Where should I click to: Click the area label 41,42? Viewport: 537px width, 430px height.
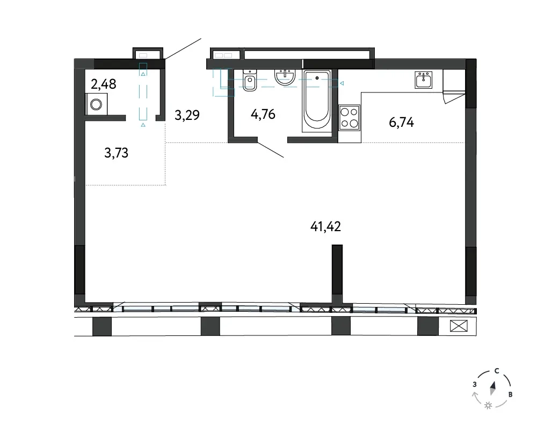[x=325, y=227]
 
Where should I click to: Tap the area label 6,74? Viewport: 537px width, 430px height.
[x=401, y=122]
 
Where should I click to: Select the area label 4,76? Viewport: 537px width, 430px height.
[x=263, y=114]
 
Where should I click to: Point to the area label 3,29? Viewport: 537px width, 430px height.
[x=187, y=115]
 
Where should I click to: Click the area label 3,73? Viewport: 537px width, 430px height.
[x=116, y=153]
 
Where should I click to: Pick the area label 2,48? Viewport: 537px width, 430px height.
[x=104, y=84]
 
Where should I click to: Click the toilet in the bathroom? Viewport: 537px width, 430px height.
[x=250, y=81]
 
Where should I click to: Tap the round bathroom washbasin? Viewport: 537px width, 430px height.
[x=285, y=77]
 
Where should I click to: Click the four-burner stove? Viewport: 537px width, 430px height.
[x=350, y=118]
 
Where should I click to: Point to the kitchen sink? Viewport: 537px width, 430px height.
[x=423, y=80]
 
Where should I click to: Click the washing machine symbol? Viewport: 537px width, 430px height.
[x=96, y=104]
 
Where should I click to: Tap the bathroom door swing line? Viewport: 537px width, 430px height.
[x=271, y=149]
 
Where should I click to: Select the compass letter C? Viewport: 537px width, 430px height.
[x=497, y=371]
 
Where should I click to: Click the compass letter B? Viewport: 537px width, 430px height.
[x=510, y=395]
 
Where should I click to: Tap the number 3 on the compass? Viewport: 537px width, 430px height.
[x=475, y=384]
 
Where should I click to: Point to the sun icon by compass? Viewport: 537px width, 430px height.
[x=488, y=406]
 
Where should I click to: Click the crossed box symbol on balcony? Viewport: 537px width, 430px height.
[x=459, y=326]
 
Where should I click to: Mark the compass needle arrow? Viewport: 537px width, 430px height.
[x=493, y=388]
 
